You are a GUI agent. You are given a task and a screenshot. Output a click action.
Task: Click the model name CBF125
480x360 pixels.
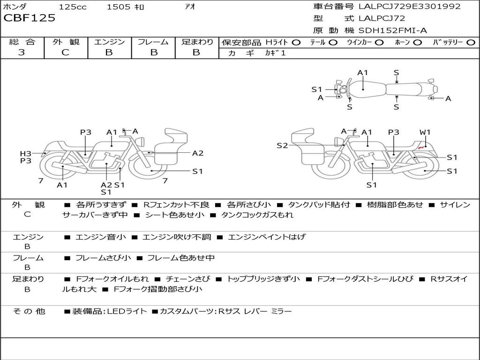click(x=30, y=18)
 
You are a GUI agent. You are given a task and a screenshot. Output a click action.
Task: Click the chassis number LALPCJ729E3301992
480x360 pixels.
click(x=409, y=7)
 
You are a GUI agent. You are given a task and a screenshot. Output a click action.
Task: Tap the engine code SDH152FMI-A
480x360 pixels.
click(x=392, y=30)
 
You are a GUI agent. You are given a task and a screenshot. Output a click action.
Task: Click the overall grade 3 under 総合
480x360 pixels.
click(x=22, y=52)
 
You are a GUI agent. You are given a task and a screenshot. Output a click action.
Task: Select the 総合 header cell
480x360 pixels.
click(x=22, y=42)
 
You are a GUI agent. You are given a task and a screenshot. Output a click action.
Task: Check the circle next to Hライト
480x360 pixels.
click(x=296, y=42)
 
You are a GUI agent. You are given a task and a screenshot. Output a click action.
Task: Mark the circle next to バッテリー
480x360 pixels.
click(x=471, y=42)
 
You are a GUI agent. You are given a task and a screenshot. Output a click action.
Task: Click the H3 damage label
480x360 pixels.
click(x=25, y=153)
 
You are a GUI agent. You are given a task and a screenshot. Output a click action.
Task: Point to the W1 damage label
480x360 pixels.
click(x=425, y=132)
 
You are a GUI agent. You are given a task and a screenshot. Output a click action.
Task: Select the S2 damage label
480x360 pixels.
click(x=282, y=146)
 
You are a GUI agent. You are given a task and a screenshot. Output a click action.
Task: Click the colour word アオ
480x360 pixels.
click(x=190, y=7)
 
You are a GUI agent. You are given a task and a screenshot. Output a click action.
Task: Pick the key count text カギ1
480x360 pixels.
click(x=275, y=53)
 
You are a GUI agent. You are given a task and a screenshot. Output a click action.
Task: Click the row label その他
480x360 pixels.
click(x=29, y=311)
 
